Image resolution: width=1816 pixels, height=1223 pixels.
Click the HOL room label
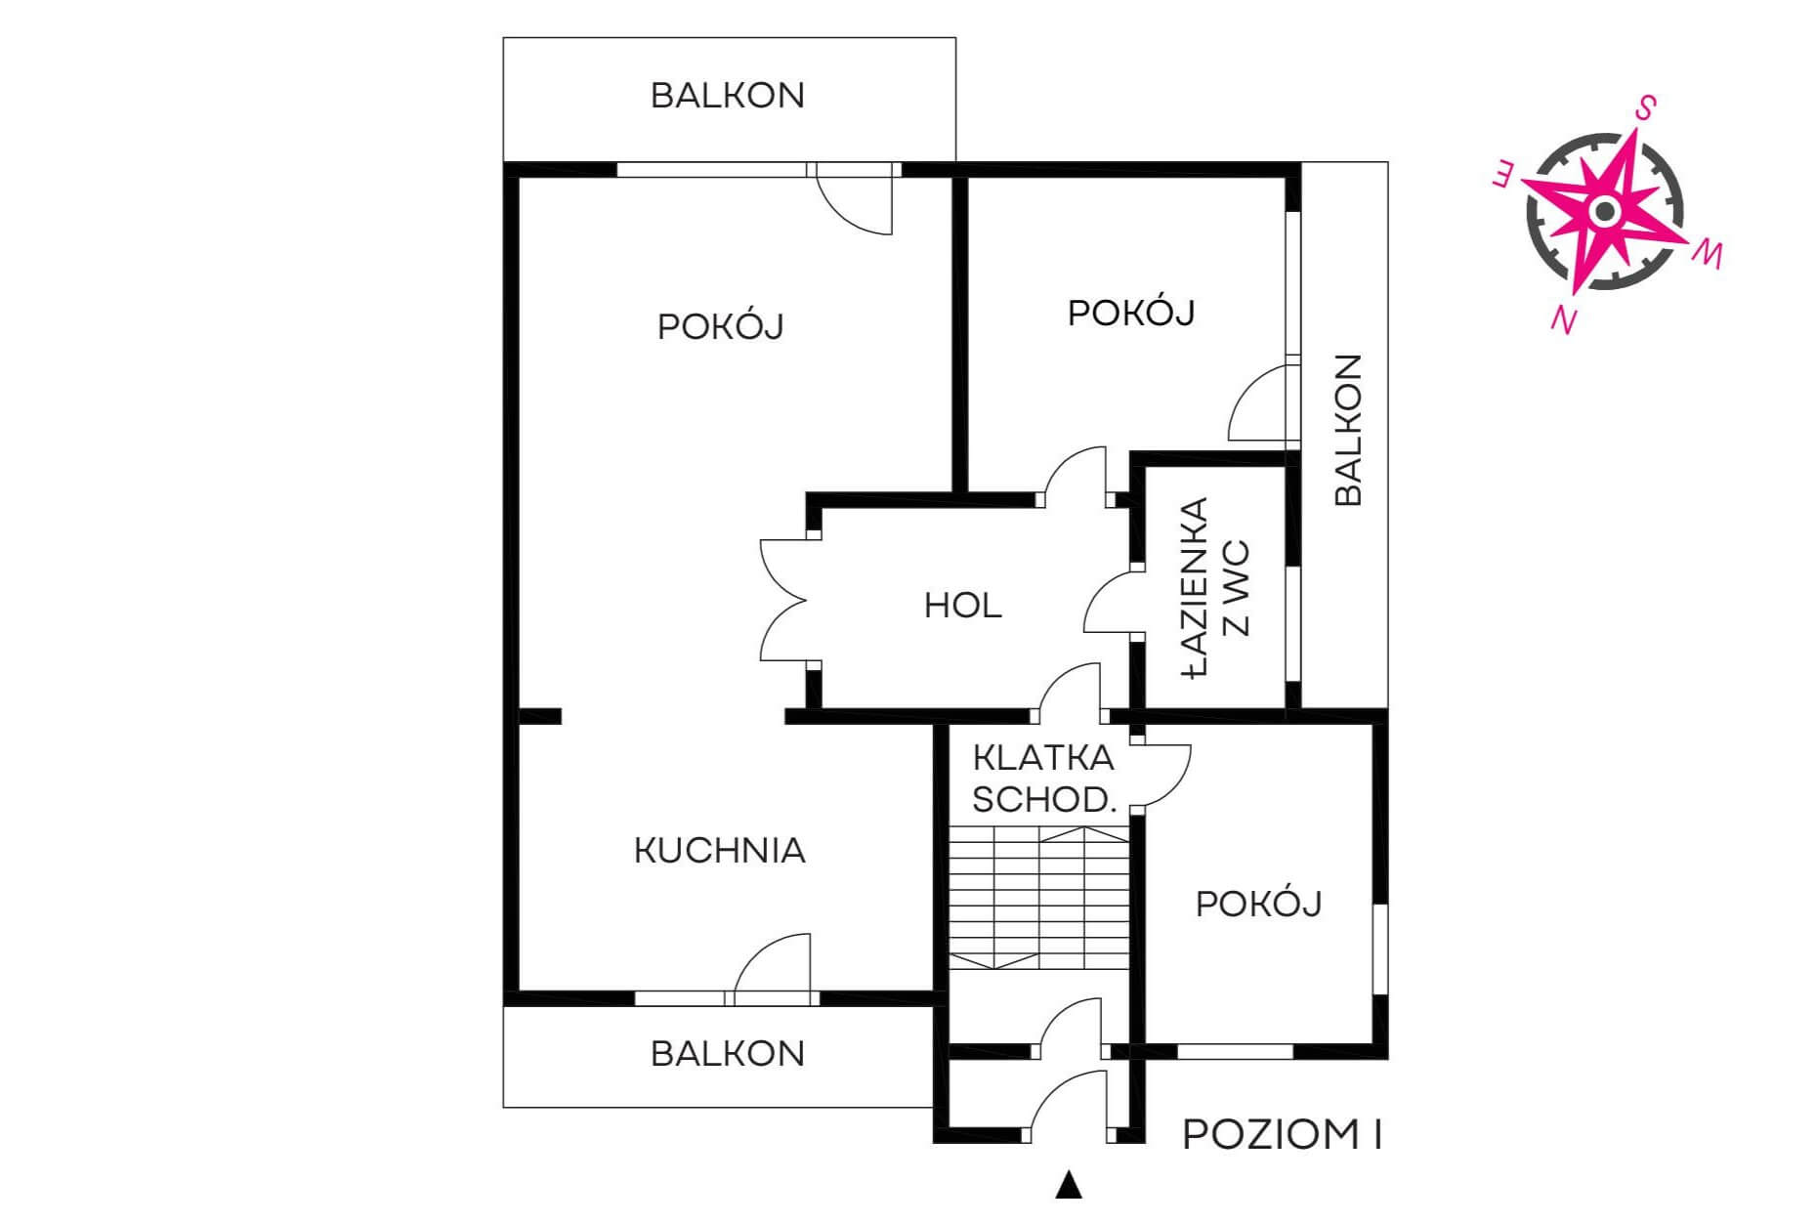pyautogui.click(x=962, y=606)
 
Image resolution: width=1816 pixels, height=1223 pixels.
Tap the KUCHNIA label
pyautogui.click(x=720, y=851)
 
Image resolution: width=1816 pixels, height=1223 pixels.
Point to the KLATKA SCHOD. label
pyautogui.click(x=1043, y=779)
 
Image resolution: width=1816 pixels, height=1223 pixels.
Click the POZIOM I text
pyautogui.click(x=1283, y=1135)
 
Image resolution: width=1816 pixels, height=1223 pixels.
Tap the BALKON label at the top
pyautogui.click(x=728, y=96)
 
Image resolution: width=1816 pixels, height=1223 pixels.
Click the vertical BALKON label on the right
pyautogui.click(x=1348, y=430)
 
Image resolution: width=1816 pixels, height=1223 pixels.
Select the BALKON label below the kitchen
pyautogui.click(x=728, y=1054)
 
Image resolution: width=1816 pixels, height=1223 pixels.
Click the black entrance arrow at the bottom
pyautogui.click(x=1070, y=1186)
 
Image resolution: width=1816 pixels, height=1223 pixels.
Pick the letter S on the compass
pyautogui.click(x=1645, y=107)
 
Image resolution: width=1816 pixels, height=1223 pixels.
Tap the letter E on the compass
pyautogui.click(x=1503, y=176)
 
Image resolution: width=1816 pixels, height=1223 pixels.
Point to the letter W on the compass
pyautogui.click(x=1708, y=255)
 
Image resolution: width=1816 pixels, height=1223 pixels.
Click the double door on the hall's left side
pyautogui.click(x=783, y=600)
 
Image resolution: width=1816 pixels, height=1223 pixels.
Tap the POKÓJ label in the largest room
pyautogui.click(x=721, y=326)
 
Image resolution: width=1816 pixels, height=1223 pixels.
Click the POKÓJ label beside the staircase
pyautogui.click(x=1259, y=904)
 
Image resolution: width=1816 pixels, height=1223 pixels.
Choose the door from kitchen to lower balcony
pyautogui.click(x=773, y=967)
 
